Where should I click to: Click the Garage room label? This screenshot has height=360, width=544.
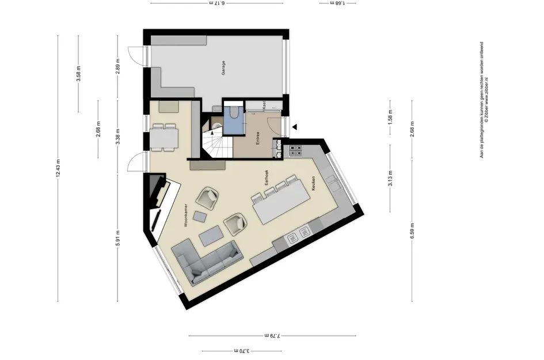[223, 68]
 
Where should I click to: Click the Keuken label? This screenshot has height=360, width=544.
[314, 183]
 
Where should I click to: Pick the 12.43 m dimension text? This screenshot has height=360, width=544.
[58, 169]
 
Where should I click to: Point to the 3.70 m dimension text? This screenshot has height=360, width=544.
[241, 350]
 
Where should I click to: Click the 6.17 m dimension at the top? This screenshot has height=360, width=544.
[216, 3]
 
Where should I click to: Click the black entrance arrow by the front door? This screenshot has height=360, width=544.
[295, 127]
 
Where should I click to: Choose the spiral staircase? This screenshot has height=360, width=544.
[214, 143]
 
